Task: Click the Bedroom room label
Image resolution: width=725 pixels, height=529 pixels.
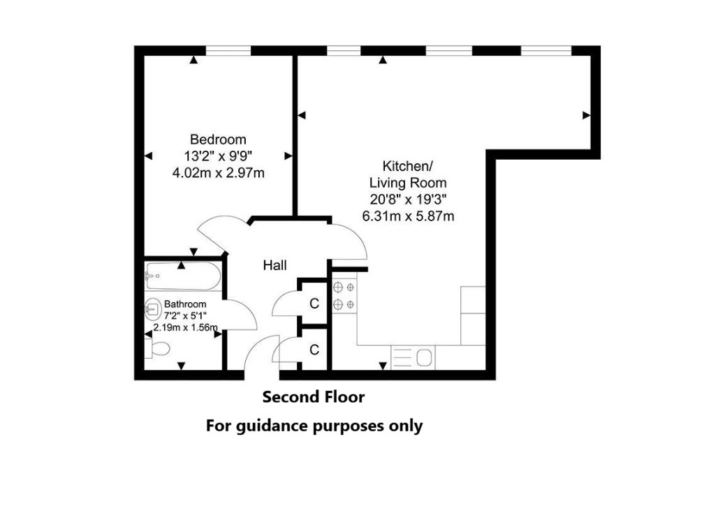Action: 218,139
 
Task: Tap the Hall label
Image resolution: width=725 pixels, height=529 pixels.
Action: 274,265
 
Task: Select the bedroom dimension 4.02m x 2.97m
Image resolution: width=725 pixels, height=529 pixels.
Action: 218,173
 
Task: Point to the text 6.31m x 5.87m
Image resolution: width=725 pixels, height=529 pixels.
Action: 408,216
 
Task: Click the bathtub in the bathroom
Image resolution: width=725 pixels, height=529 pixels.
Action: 183,276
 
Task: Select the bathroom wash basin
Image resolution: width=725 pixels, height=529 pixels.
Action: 151,308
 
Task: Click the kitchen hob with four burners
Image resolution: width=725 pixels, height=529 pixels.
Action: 344,296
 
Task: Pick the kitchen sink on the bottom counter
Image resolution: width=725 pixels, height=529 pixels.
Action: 413,357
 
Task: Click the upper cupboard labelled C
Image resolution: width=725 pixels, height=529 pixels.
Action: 314,303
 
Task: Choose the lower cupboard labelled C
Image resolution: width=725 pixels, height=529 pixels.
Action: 314,349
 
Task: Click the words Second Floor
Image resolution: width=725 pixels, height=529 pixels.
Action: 314,397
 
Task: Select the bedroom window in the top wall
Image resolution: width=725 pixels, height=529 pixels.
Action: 228,50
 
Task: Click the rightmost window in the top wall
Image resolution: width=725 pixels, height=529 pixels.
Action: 546,50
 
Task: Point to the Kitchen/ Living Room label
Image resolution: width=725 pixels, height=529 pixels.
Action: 408,174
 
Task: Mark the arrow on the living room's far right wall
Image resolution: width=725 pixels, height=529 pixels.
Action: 586,116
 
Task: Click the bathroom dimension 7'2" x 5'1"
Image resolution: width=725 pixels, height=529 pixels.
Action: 185,316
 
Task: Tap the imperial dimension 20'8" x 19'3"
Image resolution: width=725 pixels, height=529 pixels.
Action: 408,199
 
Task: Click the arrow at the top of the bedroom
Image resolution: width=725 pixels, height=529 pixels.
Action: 193,59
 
